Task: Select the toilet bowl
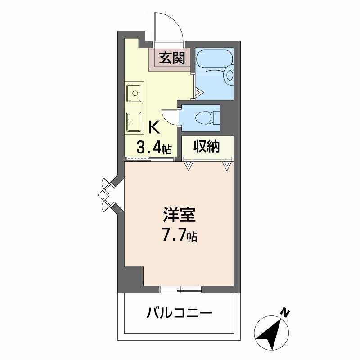[x=204, y=117]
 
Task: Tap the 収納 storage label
[x=207, y=146]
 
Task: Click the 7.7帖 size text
[x=179, y=236]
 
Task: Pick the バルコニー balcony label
[x=179, y=312]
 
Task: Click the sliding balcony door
[x=180, y=289]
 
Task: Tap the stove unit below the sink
[x=134, y=121]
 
